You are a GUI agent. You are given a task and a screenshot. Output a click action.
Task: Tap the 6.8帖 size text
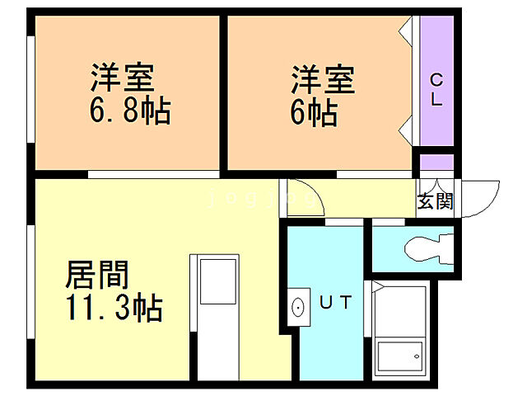click(x=130, y=111)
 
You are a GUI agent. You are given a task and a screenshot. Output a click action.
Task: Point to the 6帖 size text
click(x=314, y=112)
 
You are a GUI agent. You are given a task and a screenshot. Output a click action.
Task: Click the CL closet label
click(x=436, y=91)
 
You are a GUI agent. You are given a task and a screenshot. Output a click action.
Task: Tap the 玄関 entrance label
click(x=434, y=200)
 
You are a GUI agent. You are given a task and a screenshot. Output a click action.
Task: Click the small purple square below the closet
click(x=436, y=162)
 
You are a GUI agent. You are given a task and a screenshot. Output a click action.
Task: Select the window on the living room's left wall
click(x=31, y=280)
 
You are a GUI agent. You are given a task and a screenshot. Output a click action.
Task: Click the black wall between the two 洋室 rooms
click(x=223, y=92)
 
